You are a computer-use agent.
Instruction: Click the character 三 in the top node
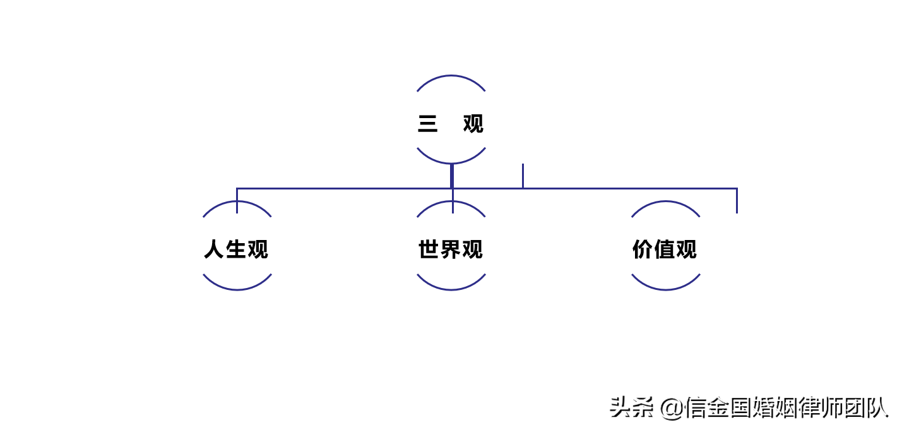point(427,124)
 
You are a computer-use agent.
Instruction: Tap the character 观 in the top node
point(473,124)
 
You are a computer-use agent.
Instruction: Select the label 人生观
point(236,249)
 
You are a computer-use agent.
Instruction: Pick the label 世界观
point(451,249)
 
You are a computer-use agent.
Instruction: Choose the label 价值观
point(665,249)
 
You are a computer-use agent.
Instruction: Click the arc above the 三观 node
point(451,76)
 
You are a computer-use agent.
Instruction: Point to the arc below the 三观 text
point(451,163)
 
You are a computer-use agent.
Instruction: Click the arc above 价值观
point(666,201)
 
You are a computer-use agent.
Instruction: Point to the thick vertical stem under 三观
point(452,176)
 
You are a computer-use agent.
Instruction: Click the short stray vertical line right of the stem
point(523,176)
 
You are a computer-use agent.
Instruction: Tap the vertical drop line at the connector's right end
point(737,201)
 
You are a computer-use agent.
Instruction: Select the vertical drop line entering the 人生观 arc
point(237,201)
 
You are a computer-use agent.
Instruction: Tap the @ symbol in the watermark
point(672,409)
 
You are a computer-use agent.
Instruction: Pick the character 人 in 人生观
point(214,249)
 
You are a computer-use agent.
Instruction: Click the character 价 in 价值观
point(643,249)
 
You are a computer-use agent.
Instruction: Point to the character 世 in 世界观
point(429,249)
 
